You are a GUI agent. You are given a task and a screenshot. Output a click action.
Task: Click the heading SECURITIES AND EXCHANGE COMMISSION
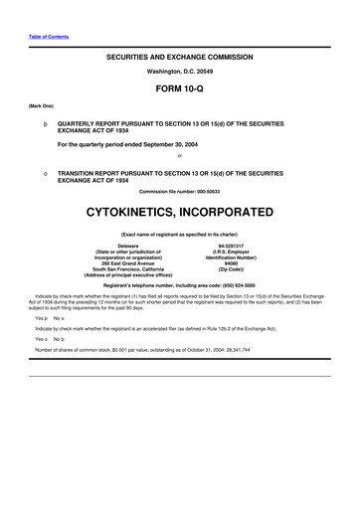pos(179,59)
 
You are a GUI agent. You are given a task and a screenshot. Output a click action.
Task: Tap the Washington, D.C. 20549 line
pos(179,74)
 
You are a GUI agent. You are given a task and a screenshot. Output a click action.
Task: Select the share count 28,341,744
pos(233,350)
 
